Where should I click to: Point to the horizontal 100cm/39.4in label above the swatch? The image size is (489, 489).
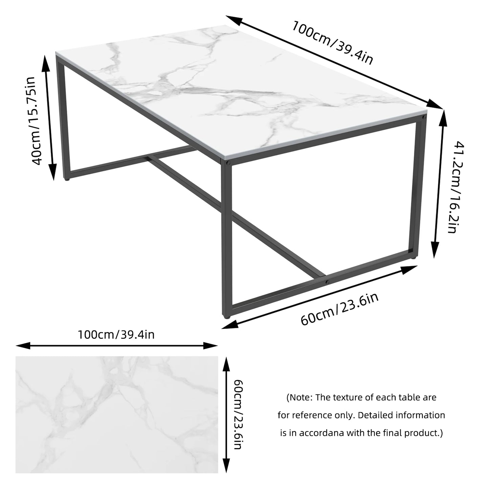click(116, 335)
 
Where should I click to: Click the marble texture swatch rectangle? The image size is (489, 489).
click(117, 415)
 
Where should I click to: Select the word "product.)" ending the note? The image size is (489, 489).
click(426, 433)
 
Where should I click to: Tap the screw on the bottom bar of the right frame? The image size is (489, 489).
click(327, 282)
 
